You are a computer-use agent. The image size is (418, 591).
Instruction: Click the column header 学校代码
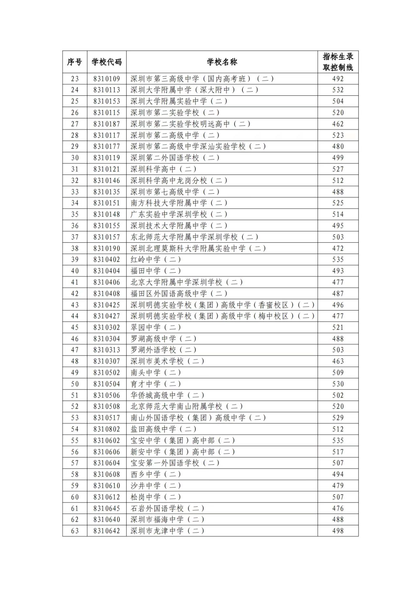click(106, 62)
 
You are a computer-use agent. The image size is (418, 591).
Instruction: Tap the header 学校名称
click(222, 62)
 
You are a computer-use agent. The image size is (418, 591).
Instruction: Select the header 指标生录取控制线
click(338, 62)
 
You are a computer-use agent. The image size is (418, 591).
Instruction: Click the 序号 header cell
click(75, 62)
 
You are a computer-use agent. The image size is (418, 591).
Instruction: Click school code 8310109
click(106, 79)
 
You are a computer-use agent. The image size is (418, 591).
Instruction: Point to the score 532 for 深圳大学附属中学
click(338, 90)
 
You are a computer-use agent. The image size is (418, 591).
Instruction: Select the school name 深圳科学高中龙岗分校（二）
click(179, 181)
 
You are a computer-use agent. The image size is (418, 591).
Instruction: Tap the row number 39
click(75, 260)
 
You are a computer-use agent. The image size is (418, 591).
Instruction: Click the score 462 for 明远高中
click(338, 124)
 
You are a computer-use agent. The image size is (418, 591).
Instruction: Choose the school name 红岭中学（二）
click(156, 260)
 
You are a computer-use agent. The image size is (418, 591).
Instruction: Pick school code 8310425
click(106, 305)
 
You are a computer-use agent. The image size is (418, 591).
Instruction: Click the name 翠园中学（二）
click(156, 327)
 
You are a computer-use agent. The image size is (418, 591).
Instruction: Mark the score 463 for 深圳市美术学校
click(338, 361)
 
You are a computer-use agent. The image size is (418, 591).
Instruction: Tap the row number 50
click(75, 384)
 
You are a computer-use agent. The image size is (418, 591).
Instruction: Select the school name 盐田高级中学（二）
click(163, 429)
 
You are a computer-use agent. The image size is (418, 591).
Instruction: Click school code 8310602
click(106, 440)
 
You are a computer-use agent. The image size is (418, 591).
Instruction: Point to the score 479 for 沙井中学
click(338, 486)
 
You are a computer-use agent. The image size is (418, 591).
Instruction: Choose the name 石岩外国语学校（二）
click(167, 508)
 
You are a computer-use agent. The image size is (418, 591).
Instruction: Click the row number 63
click(75, 531)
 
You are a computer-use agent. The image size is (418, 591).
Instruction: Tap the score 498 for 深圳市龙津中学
click(338, 531)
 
